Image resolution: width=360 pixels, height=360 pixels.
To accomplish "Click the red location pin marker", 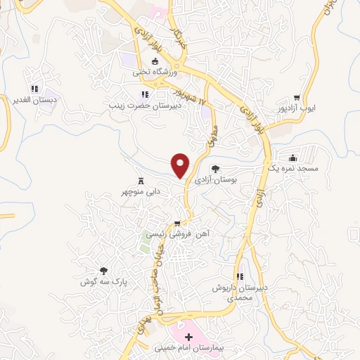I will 181,165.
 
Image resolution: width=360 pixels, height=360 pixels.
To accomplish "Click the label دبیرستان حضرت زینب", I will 143,105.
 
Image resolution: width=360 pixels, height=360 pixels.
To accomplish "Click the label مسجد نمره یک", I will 293,169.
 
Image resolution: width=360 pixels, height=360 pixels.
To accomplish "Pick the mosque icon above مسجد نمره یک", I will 293,157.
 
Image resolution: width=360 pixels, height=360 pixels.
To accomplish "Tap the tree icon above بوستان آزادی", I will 215,169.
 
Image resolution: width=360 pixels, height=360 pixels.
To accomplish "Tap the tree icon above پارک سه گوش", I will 104,270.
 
